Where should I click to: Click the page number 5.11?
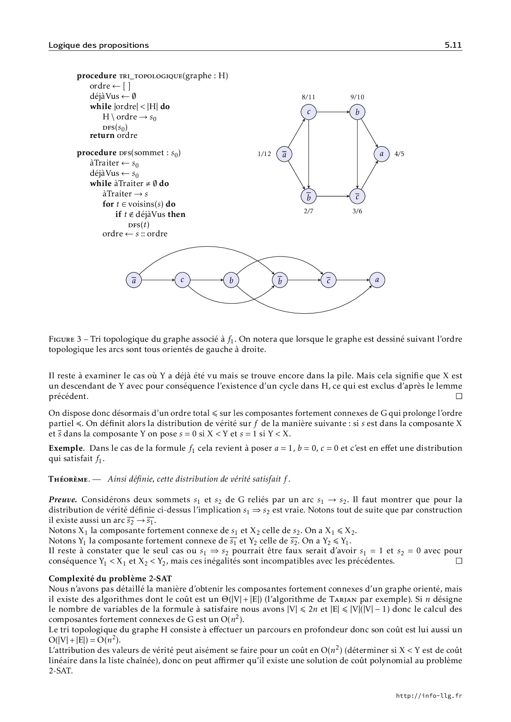(453, 45)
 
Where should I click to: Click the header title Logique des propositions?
(98, 45)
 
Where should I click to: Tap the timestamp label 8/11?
(309, 97)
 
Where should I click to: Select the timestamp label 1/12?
(264, 154)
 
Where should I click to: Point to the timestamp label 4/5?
(399, 154)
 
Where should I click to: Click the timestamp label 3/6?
(357, 211)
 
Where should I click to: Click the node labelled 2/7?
(309, 197)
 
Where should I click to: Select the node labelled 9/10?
(357, 112)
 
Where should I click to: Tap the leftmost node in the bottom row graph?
(134, 280)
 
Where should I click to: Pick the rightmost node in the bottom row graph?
(377, 280)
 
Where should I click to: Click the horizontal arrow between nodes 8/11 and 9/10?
(333, 112)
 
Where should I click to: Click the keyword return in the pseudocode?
(102, 135)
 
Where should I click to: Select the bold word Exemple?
(66, 448)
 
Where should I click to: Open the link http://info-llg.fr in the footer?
(429, 696)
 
